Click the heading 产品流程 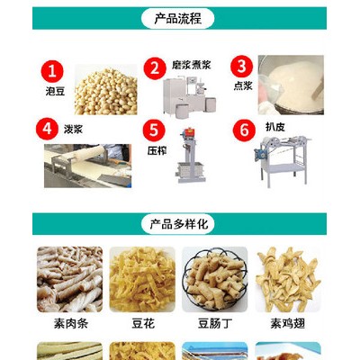[x=177, y=19]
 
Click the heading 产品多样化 [x=179, y=224]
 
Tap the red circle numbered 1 [x=52, y=72]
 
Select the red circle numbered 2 [x=155, y=68]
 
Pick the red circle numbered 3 [x=241, y=67]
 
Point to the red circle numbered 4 [x=47, y=129]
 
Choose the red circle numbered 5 [x=154, y=130]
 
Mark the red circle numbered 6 [x=244, y=130]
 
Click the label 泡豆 [x=55, y=91]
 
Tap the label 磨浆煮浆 [x=192, y=65]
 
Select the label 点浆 [x=243, y=85]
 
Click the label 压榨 [x=157, y=150]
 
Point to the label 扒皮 [x=275, y=127]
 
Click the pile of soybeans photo [x=106, y=90]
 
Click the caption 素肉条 [x=71, y=324]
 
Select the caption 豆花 [x=143, y=324]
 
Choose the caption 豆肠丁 [x=215, y=324]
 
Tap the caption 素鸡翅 [x=288, y=324]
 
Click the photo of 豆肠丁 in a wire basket [x=215, y=279]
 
